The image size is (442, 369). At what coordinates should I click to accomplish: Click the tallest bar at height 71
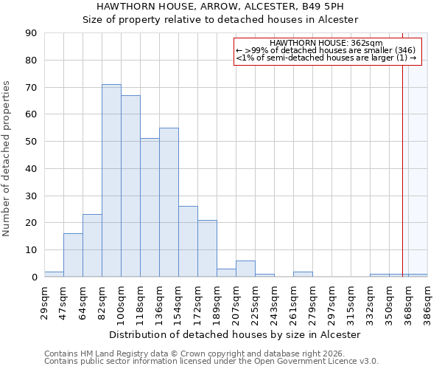[111, 181]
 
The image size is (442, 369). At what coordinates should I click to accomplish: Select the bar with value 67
[130, 186]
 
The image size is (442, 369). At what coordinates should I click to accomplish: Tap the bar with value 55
[169, 202]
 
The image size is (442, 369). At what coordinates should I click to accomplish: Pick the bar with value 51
[150, 207]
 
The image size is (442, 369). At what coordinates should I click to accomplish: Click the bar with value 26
[188, 241]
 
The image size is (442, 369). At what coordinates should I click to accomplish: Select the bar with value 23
[92, 246]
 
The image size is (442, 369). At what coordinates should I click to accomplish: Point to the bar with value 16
[73, 255]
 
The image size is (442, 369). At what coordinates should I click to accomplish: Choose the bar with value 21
[207, 249]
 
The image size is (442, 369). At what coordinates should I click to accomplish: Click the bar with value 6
[245, 269]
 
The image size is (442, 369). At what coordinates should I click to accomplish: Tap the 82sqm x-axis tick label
[102, 302]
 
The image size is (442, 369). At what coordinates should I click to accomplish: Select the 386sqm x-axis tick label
[428, 302]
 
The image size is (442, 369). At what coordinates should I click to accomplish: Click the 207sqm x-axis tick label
[236, 302]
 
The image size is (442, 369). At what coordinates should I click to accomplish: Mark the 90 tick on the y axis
[31, 33]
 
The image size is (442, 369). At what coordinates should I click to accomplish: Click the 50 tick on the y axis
[31, 142]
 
